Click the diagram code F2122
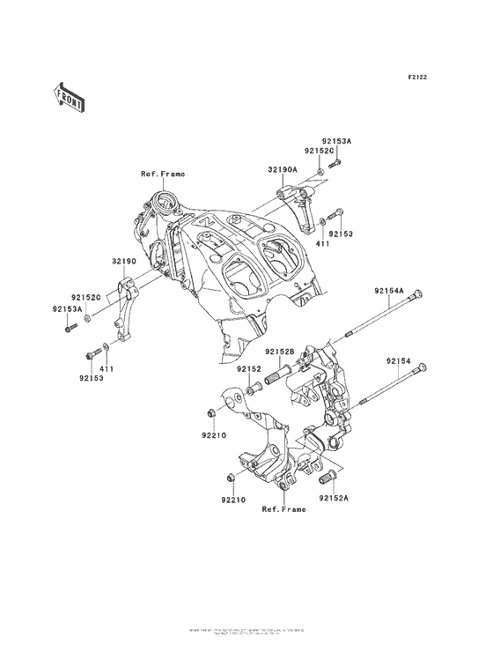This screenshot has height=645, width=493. tap(416, 78)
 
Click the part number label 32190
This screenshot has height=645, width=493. tap(123, 261)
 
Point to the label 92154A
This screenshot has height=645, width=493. tap(388, 292)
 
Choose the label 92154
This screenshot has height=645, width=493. tap(397, 360)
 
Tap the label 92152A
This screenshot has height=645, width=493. tap(335, 499)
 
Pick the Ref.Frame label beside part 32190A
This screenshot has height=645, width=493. tap(163, 174)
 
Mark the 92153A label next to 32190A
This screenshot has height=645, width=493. tap(336, 141)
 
